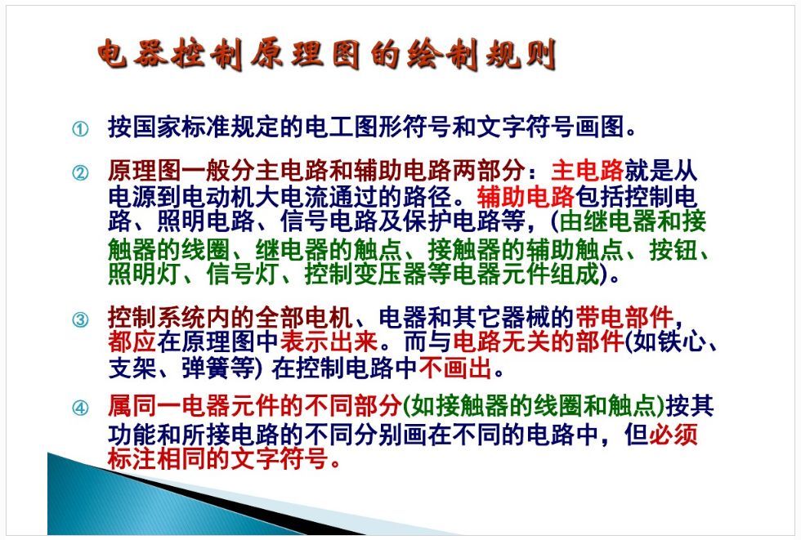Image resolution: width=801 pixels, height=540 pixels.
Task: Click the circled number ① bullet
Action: [80, 128]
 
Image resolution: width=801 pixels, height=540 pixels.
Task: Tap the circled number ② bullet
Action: [80, 173]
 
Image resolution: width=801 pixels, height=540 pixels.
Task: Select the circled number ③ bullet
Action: [80, 320]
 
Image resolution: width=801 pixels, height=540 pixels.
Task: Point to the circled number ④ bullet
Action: [80, 408]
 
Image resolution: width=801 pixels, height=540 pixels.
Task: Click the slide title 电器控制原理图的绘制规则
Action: [327, 54]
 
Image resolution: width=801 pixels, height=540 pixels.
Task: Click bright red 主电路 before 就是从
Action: [588, 171]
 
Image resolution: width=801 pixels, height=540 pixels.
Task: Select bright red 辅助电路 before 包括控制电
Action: [526, 197]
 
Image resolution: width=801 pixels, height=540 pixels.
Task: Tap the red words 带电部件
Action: [624, 318]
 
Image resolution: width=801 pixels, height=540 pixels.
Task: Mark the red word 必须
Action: [673, 435]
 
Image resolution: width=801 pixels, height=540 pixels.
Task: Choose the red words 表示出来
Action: [329, 342]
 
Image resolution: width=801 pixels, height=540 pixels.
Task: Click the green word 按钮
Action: [673, 250]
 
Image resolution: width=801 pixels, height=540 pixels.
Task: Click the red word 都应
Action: [132, 342]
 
